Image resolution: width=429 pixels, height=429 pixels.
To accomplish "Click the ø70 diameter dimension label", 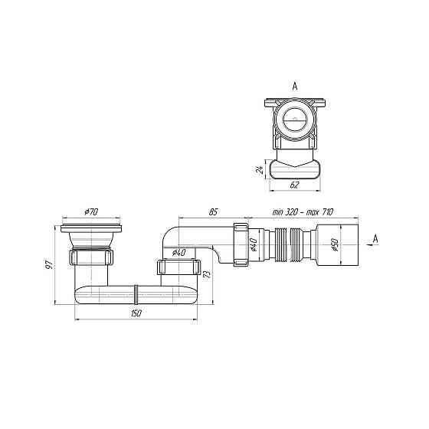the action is click(91, 211).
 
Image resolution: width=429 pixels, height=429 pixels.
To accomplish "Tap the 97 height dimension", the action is click(49, 264).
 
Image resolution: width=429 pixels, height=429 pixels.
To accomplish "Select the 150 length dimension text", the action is click(136, 313).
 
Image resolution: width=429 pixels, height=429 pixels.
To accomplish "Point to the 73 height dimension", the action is click(208, 274).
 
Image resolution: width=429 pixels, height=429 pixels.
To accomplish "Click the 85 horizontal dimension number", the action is click(214, 211).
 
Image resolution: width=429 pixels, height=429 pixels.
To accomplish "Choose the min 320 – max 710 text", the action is click(303, 211).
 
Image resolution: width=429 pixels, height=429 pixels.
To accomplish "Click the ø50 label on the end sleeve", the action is click(336, 244).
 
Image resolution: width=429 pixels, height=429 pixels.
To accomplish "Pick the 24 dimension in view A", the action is click(260, 169).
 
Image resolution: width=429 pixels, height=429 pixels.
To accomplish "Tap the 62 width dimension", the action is click(294, 185).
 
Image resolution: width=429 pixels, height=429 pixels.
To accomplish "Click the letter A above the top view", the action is click(295, 87).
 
